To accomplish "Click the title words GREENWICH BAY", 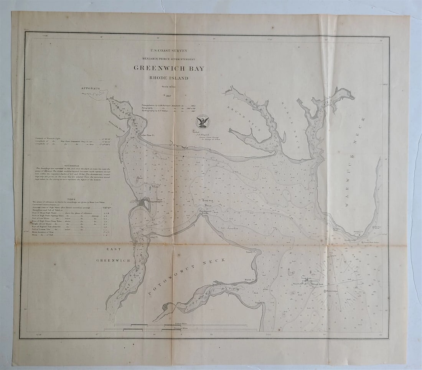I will point(169,69).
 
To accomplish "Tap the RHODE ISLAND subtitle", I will point(169,78).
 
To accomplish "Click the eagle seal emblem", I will point(203,121).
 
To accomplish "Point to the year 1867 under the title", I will point(168,95).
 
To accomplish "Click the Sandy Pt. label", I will point(251,252).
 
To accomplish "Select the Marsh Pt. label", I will point(250,280).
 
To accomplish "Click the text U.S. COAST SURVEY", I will point(168,50).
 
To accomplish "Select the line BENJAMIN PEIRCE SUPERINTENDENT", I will point(168,59).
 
